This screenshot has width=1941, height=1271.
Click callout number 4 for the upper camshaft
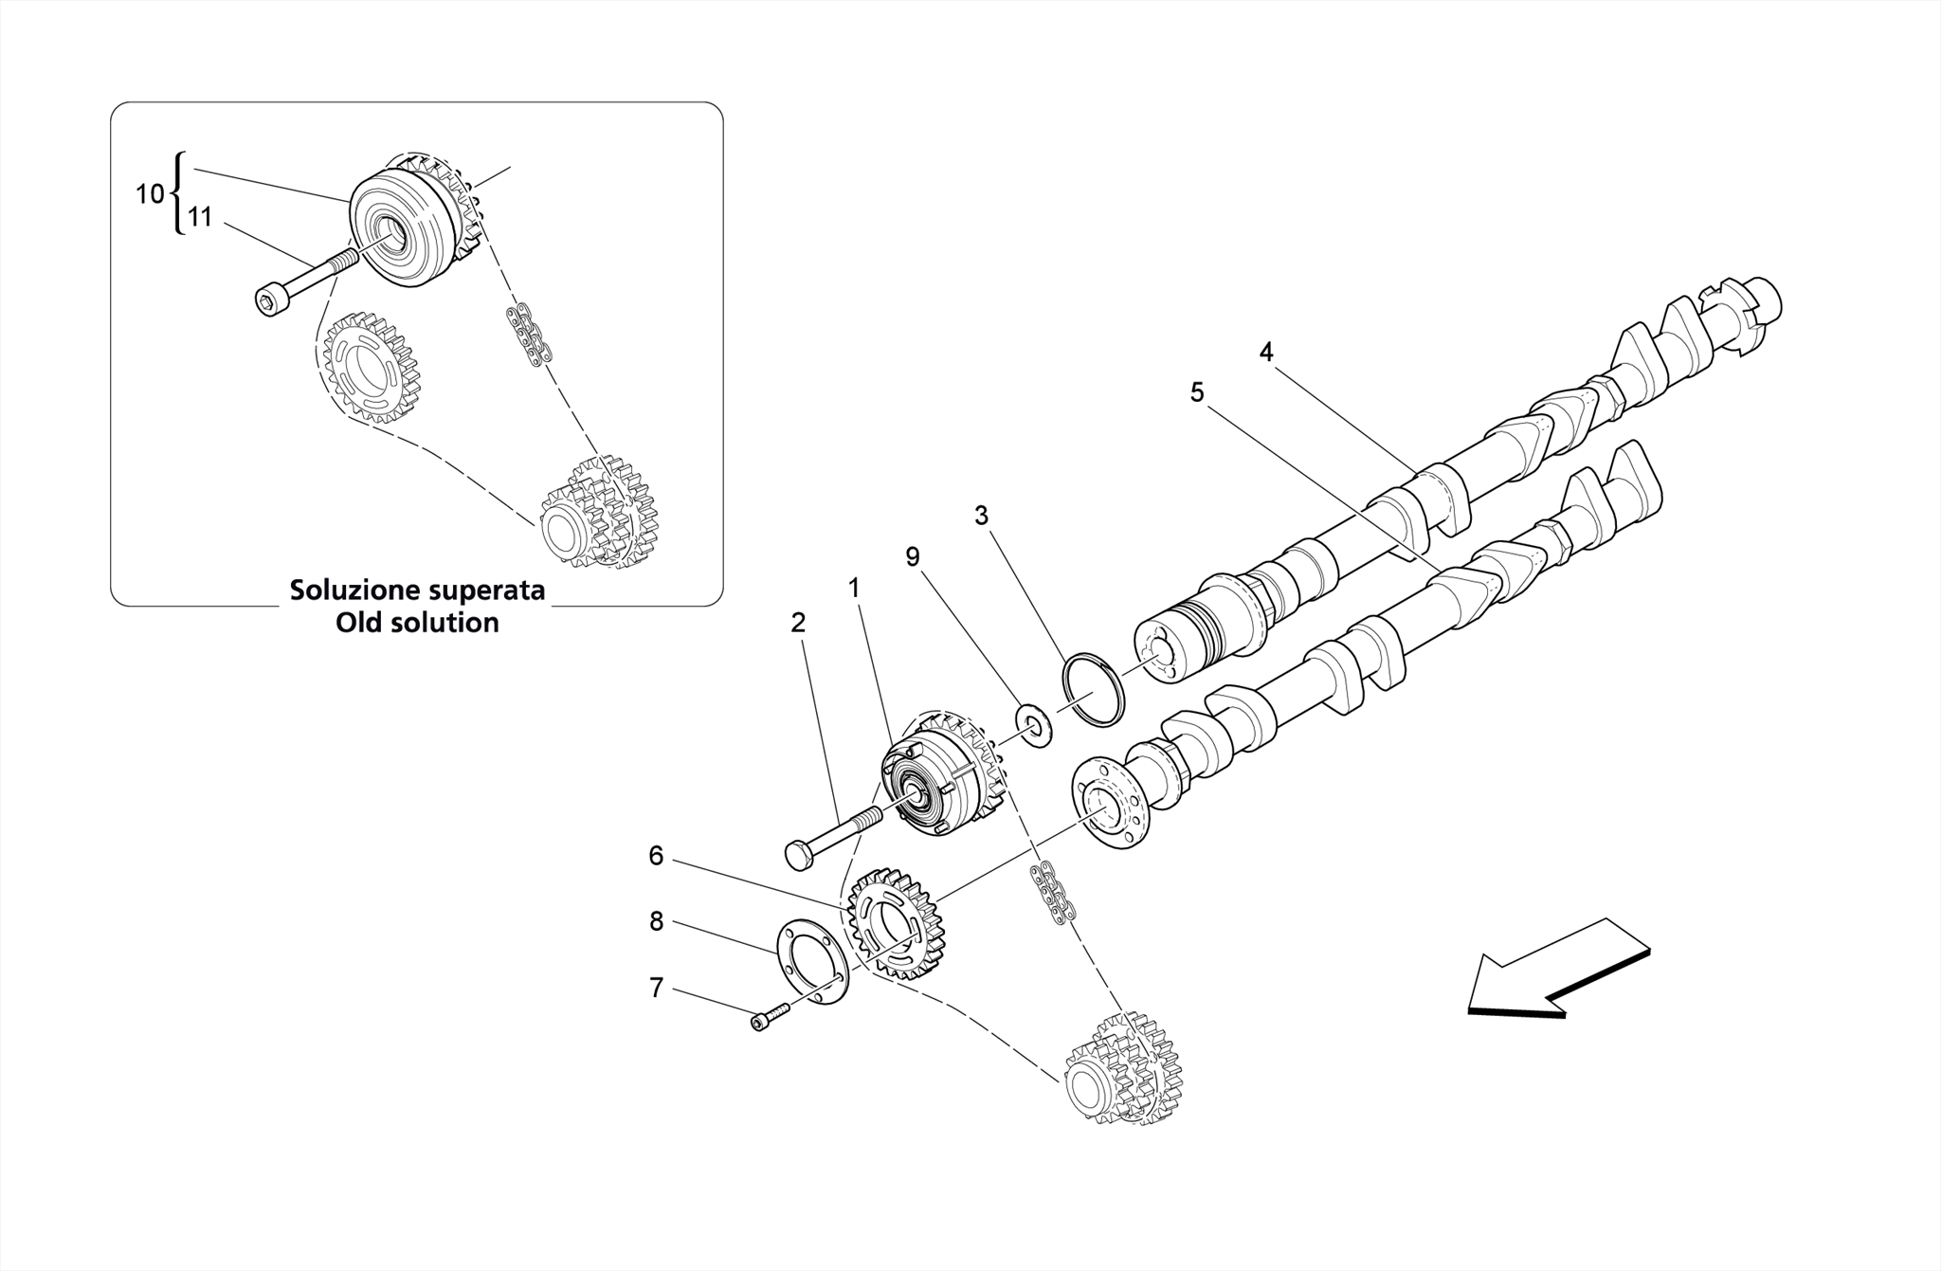coord(1266,353)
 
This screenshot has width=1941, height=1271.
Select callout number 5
coord(1197,392)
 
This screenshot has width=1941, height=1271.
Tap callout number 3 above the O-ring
coord(981,516)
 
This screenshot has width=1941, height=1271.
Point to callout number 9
coord(913,557)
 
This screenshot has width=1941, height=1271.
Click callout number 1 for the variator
coord(854,589)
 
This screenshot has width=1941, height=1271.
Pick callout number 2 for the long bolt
coord(798,623)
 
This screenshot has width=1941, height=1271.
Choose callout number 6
coord(656,857)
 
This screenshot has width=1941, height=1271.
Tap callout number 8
coord(656,921)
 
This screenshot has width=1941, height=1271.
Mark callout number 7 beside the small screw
coord(656,989)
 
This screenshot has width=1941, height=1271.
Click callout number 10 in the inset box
coord(149,194)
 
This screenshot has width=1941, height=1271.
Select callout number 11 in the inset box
coord(199,218)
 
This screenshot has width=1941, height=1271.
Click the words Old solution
coord(417,623)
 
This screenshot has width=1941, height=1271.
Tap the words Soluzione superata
coord(417,590)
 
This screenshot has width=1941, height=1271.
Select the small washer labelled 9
coord(1032,725)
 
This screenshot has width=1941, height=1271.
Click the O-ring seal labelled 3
coord(1094,690)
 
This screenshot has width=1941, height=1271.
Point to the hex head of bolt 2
coord(799,855)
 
